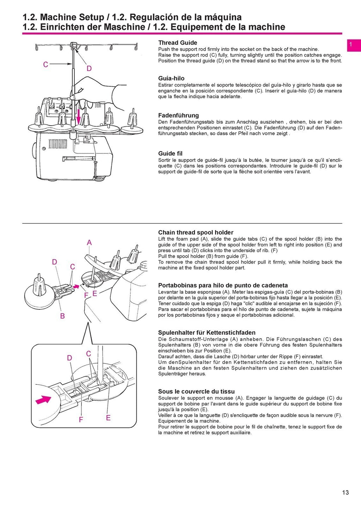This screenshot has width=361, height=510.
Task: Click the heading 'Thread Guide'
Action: coord(177,43)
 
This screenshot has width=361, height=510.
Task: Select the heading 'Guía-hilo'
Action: coord(171,78)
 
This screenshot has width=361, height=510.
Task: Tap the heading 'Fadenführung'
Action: coord(178,115)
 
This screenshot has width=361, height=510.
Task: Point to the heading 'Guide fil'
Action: coord(170,153)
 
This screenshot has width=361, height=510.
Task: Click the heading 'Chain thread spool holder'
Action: coord(196,232)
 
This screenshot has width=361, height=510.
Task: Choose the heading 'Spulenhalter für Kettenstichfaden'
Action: coord(207,332)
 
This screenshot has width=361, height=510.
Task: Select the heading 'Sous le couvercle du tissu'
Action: coord(196,391)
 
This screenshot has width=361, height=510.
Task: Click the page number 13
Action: coord(345,492)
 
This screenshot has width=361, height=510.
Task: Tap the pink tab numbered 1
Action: coord(353,45)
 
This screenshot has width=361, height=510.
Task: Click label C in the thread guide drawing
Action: coord(45,64)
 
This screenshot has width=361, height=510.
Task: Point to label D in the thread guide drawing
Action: coord(89,68)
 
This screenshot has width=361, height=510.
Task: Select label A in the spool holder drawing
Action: coord(89,243)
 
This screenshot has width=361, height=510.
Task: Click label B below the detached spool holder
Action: coord(62,316)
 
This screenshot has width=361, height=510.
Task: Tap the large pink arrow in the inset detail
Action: coord(43,399)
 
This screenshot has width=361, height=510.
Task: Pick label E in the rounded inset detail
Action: coord(108,417)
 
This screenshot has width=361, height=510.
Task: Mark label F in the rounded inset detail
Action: coord(81,419)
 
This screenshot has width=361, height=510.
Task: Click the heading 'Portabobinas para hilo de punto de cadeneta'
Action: coord(223,285)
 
